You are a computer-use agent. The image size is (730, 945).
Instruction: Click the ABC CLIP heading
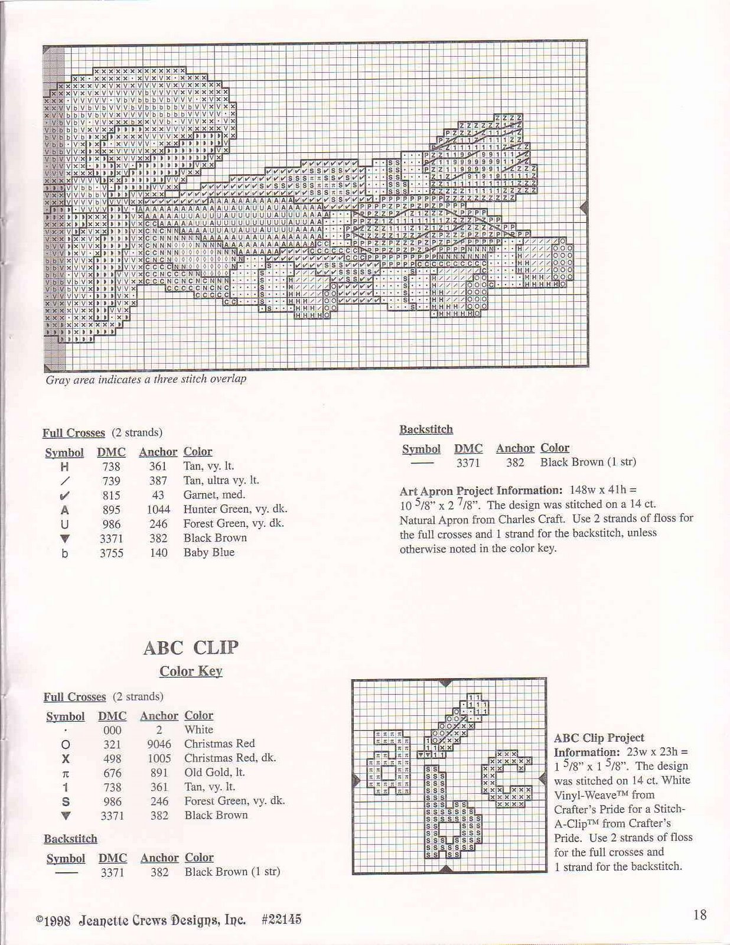191,648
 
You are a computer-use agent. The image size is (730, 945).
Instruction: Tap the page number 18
700,915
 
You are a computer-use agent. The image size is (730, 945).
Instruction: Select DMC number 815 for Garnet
111,496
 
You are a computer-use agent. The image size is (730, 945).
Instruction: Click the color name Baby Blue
208,553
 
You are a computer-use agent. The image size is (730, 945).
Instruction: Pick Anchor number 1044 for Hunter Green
158,510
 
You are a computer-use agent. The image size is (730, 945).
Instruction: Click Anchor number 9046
159,744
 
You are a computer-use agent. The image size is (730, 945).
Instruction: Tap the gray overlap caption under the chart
146,379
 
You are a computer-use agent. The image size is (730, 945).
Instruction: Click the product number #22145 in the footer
281,920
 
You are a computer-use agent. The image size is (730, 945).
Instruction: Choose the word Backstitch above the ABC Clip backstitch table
70,839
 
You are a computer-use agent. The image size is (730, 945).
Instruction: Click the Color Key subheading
191,672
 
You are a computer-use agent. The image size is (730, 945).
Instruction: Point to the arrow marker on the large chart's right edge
584,207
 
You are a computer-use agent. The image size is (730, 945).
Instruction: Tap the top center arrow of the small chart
447,683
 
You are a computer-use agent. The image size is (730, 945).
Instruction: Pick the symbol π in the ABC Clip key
66,773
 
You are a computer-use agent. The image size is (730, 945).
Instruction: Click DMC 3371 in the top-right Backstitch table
468,463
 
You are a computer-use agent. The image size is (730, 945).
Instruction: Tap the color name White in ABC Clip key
198,730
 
